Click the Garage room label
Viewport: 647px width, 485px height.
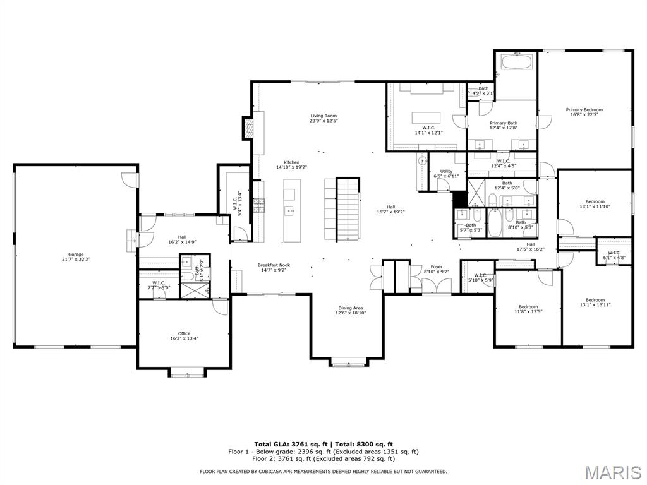76,257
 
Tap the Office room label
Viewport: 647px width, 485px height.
184,336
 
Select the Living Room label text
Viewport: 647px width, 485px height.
323,118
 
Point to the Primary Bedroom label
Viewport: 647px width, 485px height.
584,112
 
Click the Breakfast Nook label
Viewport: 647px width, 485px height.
274,268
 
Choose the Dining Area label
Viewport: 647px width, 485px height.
349,310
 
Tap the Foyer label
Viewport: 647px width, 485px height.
437,269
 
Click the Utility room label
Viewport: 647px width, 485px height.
446,174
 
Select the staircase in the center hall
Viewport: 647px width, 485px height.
346,209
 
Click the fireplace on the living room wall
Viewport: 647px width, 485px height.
249,128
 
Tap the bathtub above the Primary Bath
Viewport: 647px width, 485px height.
517,63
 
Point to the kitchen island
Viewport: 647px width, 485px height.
291,210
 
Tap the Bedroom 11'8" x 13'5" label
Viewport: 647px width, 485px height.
528,309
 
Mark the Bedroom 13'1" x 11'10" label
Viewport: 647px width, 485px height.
595,205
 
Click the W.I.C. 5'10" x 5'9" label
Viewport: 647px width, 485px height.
480,277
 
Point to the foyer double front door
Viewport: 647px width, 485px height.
437,285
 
